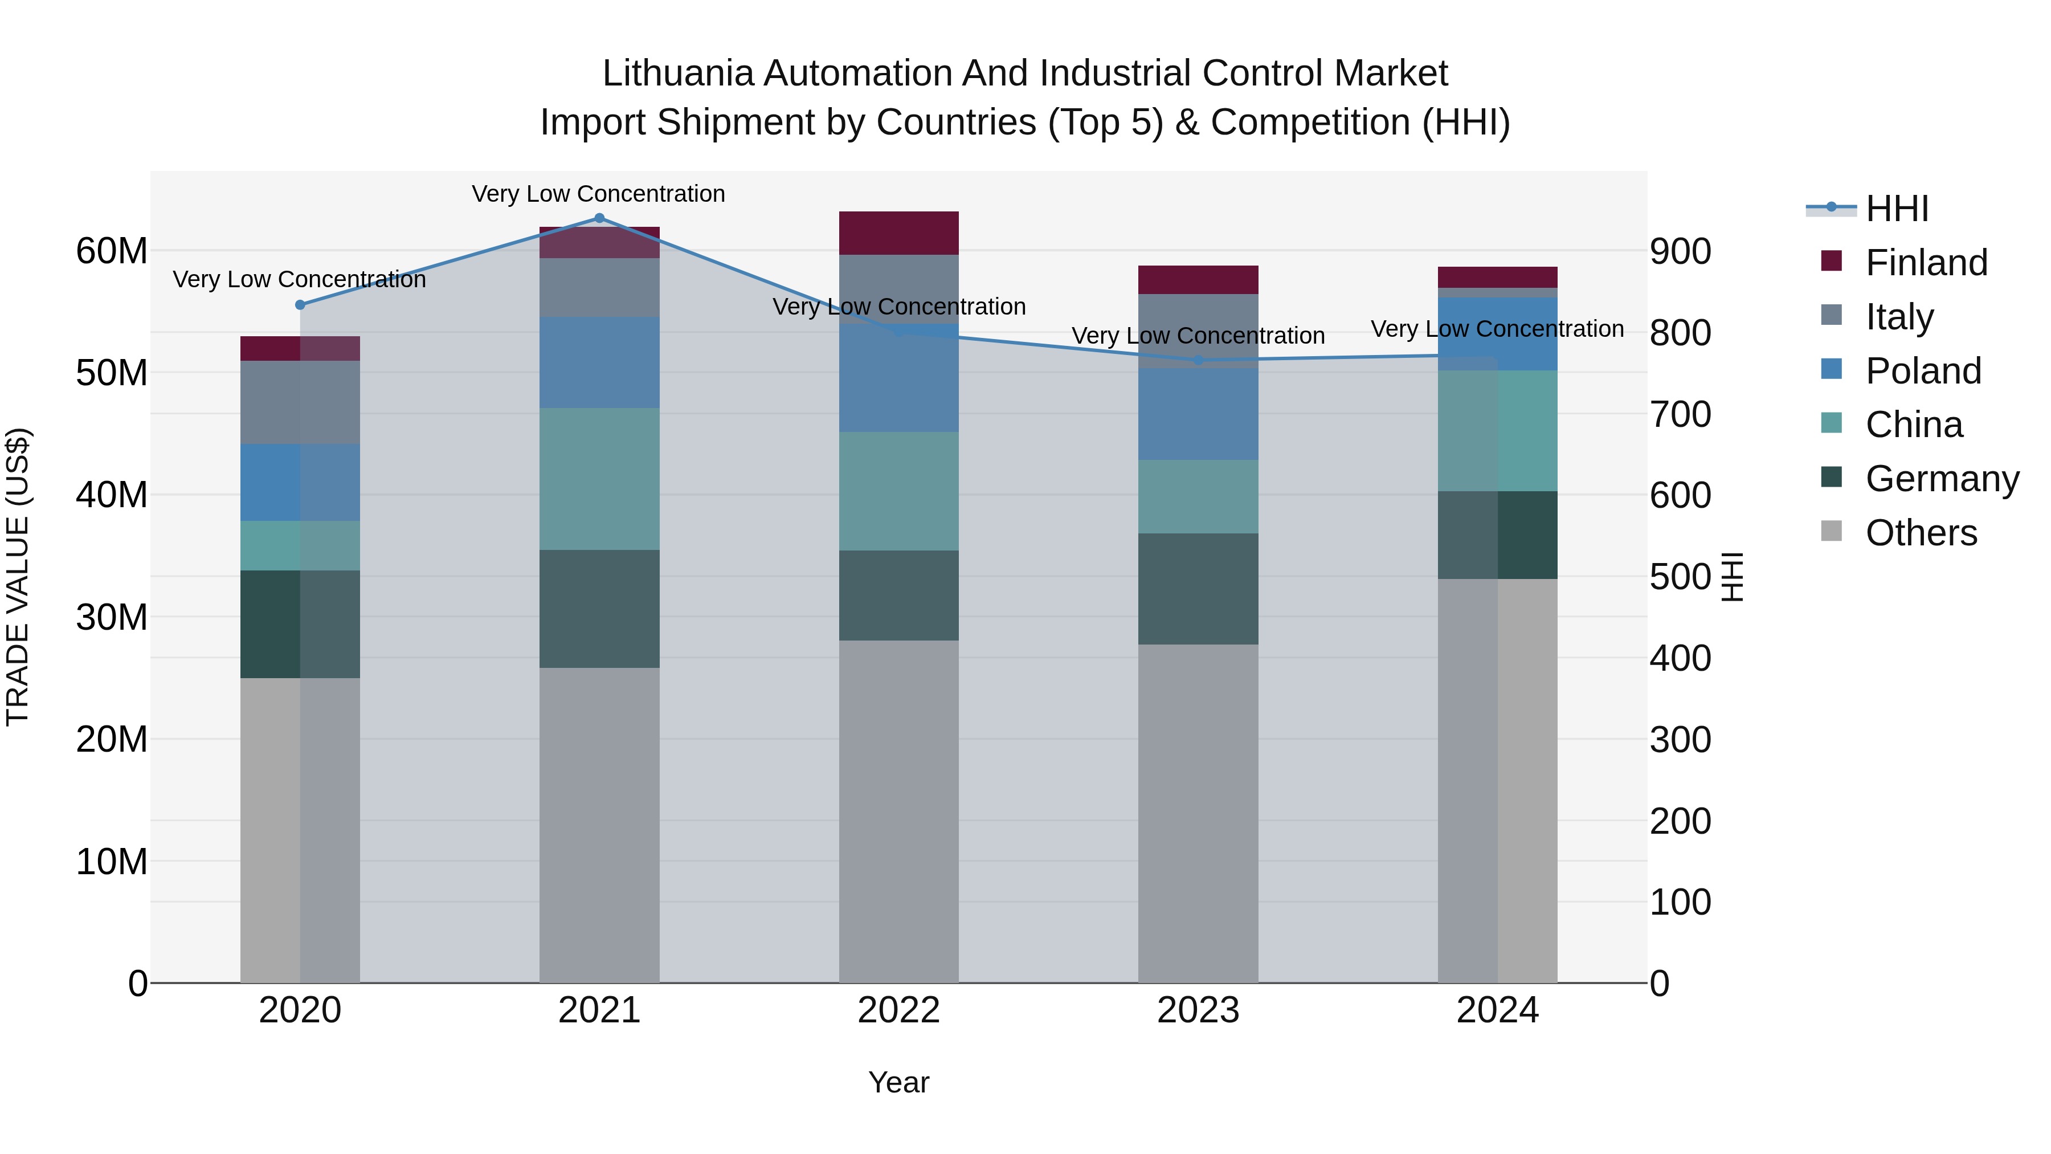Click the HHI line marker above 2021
point(599,218)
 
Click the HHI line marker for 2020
point(300,305)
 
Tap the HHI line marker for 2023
point(1198,360)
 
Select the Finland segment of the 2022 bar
point(899,233)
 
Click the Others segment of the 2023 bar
point(1198,812)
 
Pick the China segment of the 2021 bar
point(599,479)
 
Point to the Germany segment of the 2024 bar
point(1498,535)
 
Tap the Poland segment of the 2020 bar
point(300,482)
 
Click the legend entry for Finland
point(1926,263)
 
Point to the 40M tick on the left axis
point(112,495)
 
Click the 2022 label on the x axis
point(899,1010)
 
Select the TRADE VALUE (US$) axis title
point(18,577)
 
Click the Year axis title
point(899,1082)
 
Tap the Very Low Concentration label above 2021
point(598,194)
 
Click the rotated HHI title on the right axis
point(1733,577)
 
